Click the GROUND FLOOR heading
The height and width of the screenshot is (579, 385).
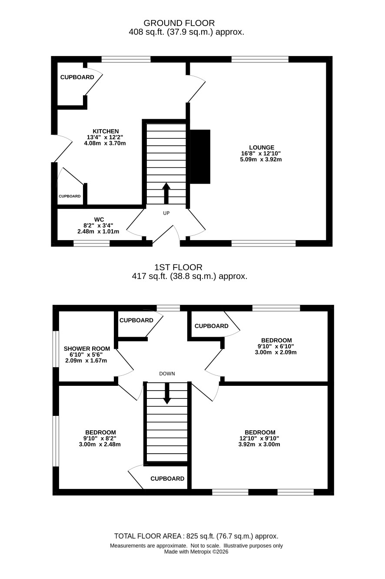(179, 23)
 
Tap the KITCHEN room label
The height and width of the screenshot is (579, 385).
(106, 131)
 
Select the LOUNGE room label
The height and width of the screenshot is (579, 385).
(262, 147)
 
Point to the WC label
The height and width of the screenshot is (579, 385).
(99, 220)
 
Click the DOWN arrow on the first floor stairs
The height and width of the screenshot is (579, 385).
(167, 393)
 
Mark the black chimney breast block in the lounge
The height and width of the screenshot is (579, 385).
(200, 157)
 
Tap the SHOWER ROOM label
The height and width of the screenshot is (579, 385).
(87, 349)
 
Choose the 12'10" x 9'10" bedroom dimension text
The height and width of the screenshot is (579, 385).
(259, 438)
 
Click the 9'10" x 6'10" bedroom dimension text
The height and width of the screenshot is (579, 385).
(275, 346)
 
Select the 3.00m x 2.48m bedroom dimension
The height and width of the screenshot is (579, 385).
(100, 444)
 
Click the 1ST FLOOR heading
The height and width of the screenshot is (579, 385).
(179, 267)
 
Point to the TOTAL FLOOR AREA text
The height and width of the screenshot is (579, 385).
(148, 536)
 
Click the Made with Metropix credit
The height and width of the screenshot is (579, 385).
(196, 552)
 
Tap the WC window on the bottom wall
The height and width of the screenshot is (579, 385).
(92, 243)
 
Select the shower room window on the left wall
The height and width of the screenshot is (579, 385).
(56, 349)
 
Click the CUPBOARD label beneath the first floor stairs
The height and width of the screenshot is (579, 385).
(167, 479)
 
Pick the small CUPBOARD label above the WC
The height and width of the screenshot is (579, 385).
(70, 196)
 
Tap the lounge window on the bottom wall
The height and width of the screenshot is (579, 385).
(263, 243)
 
